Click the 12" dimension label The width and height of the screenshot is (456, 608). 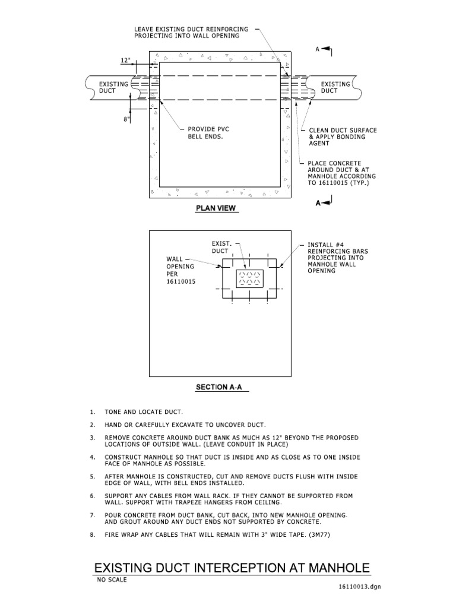125,61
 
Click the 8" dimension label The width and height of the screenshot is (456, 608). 126,119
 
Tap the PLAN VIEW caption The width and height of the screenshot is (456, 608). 217,208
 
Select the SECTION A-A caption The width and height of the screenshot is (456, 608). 220,387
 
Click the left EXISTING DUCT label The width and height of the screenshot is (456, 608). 113,87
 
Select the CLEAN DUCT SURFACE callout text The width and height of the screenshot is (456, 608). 343,137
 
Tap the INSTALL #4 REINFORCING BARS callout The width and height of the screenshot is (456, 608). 337,257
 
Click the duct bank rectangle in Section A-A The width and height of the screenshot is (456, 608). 249,278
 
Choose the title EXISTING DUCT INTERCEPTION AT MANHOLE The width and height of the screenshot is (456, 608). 232,568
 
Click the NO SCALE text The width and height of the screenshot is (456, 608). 112,580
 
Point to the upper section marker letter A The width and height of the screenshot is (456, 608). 318,50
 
